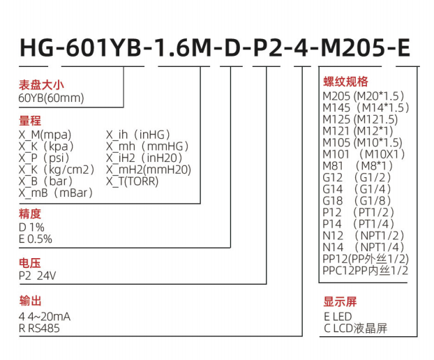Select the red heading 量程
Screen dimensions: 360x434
30,121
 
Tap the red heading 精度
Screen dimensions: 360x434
30,214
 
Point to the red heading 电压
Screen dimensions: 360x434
30,263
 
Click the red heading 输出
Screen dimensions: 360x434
30,301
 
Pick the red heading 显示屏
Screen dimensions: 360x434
340,301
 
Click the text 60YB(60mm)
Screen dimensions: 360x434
51,98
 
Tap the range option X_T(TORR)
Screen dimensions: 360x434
133,181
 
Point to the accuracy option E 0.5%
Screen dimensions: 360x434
36,239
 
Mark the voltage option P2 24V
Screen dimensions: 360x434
38,276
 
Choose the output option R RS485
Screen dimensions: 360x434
40,328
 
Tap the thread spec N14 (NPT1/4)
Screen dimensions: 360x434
364,247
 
